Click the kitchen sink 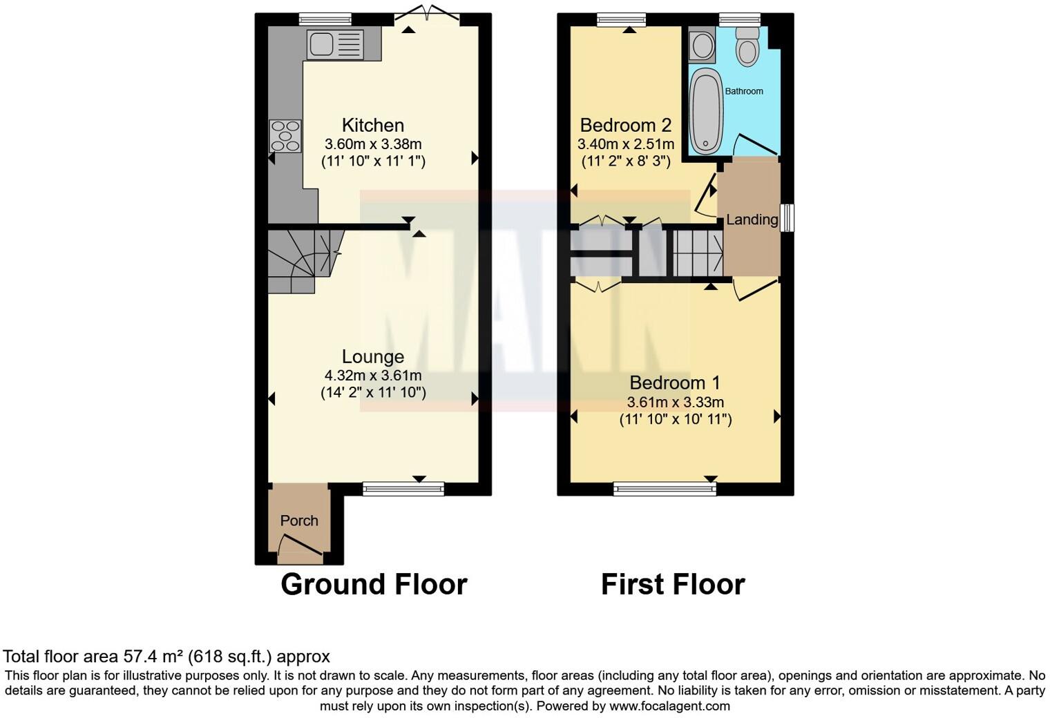[335, 44]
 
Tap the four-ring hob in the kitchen [285, 136]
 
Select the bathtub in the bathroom [706, 110]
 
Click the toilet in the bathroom [747, 47]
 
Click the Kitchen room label [373, 125]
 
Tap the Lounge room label [373, 356]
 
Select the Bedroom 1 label [675, 382]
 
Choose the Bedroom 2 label [625, 125]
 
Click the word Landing [752, 220]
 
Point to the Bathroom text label [744, 91]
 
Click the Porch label [299, 521]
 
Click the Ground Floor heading [374, 584]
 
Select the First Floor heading [673, 584]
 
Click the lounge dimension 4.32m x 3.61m [373, 376]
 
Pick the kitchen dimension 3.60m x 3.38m [373, 144]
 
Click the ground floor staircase [300, 260]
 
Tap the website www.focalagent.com [668, 706]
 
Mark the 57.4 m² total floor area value [152, 656]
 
